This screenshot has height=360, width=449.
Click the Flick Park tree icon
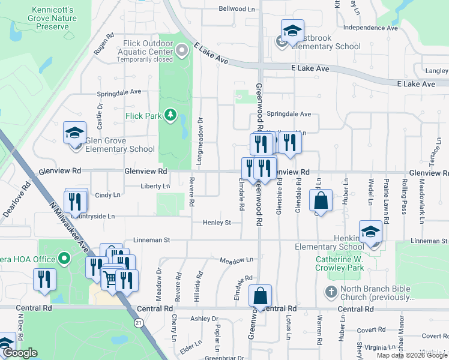click(171, 114)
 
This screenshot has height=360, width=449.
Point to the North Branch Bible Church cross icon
click(330, 292)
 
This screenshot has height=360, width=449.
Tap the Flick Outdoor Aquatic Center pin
click(183, 52)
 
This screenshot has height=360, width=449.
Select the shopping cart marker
click(110, 278)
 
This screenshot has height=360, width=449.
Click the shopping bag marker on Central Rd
click(260, 296)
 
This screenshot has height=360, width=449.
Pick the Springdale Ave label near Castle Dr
click(119, 92)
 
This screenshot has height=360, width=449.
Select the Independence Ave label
click(370, 28)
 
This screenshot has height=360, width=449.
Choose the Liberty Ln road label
click(155, 186)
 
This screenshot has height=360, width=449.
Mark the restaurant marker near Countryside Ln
click(75, 202)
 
